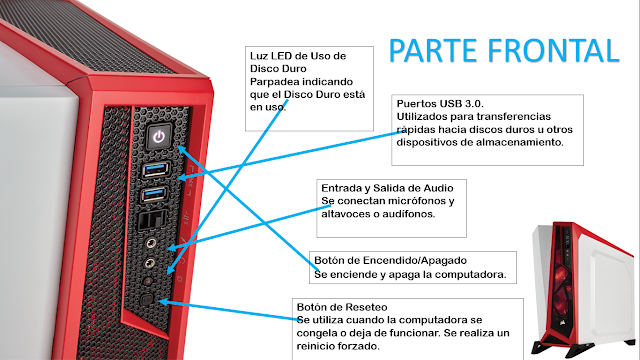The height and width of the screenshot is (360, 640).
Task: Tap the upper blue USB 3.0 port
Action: tap(157, 169)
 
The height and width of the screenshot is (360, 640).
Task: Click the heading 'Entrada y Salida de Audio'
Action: tap(387, 188)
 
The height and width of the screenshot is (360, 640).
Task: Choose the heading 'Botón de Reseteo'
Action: tap(339, 306)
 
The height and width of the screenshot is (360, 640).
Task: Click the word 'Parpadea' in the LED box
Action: tap(273, 81)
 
